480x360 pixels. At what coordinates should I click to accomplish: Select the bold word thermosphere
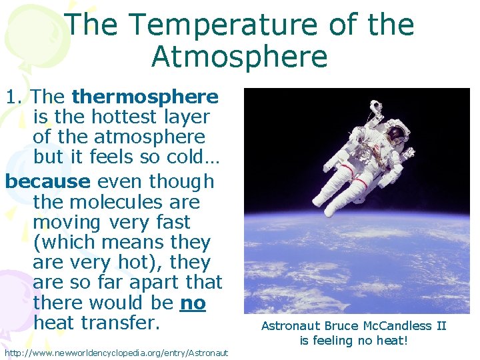click(145, 97)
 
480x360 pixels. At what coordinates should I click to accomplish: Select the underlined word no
click(193, 303)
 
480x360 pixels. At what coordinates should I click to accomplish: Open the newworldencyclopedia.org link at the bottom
click(116, 352)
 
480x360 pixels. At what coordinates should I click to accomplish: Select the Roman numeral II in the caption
click(440, 326)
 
